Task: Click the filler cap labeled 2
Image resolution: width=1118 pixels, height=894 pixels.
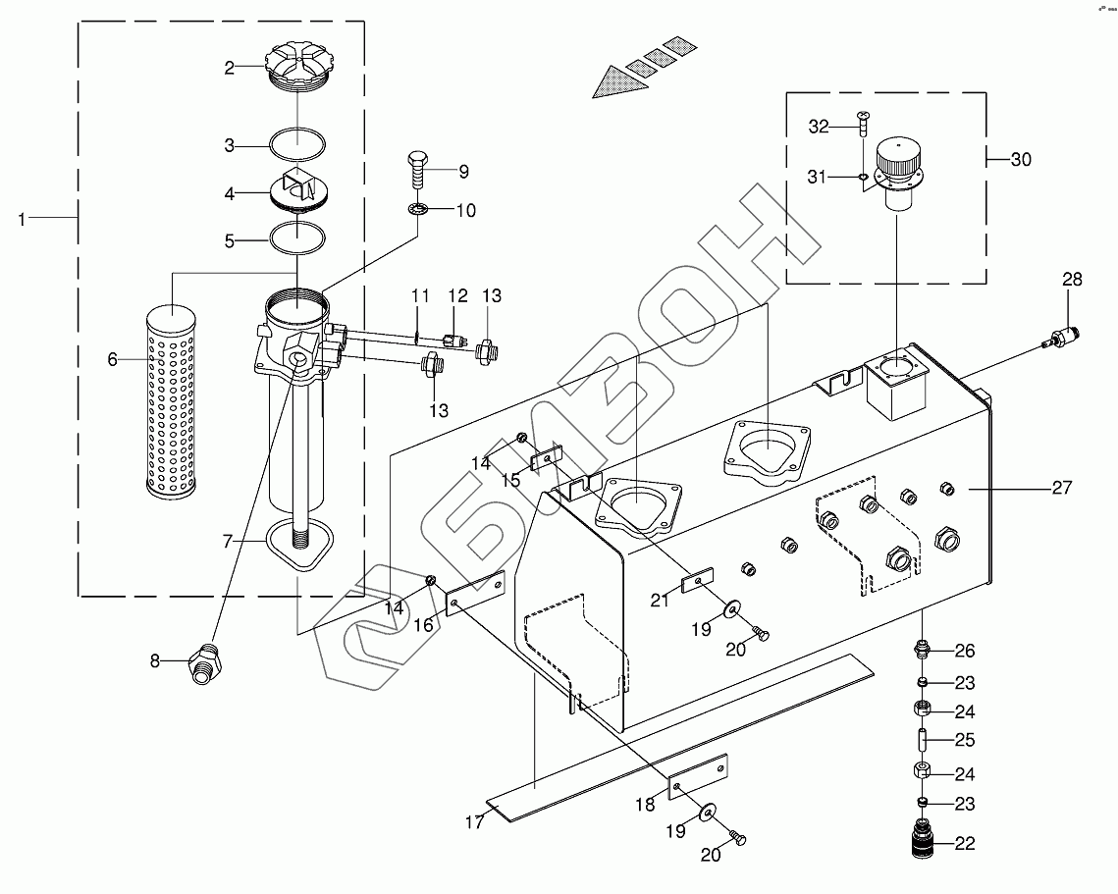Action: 297,67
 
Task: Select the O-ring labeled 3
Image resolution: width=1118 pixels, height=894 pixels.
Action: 297,144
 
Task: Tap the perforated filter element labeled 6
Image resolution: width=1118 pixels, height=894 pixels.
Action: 171,400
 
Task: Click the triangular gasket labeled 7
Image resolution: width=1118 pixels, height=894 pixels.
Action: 299,544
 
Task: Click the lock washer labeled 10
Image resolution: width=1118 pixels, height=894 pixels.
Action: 418,210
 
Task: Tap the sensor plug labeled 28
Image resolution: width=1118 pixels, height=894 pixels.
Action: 1062,336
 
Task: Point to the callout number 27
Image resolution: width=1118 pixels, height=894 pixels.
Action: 1062,488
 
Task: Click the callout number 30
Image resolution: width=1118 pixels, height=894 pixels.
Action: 1021,159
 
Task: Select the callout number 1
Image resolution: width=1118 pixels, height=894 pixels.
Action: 22,219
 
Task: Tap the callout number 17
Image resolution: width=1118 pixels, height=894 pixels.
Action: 474,822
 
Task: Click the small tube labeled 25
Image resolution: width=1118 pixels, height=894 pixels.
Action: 922,740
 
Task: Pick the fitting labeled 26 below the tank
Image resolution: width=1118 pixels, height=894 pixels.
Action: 922,649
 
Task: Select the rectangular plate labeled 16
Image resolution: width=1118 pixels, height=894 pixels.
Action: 475,593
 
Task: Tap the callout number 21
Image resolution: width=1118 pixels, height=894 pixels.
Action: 660,601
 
